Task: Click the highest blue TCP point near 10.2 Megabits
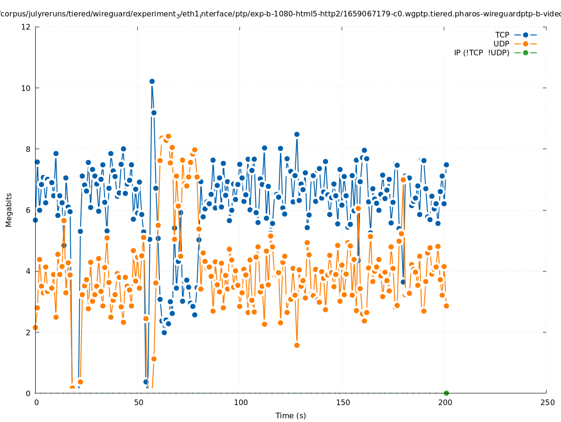point(152,81)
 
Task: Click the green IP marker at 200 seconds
point(446,393)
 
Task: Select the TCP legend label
point(502,35)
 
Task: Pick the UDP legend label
point(501,44)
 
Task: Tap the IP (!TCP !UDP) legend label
point(481,53)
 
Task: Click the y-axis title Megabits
point(9,210)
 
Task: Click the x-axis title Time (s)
point(291,415)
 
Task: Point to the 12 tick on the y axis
point(27,27)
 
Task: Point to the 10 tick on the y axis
point(27,88)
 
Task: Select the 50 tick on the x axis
point(138,402)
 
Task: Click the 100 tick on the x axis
point(240,402)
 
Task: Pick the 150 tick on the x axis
point(343,402)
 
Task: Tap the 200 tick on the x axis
point(445,402)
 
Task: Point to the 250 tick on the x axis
point(547,402)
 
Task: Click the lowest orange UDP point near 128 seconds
point(297,345)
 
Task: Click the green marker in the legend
point(525,53)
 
